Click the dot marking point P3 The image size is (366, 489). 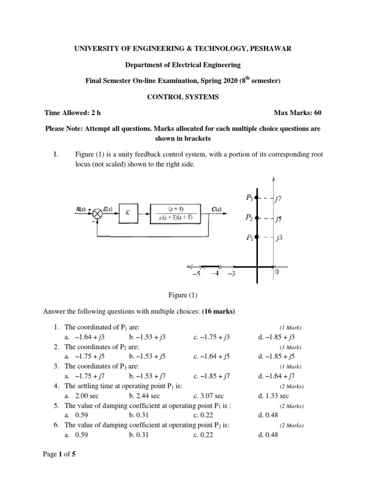(x=257, y=197)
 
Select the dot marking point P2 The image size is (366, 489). (x=257, y=218)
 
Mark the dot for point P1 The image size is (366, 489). (x=257, y=237)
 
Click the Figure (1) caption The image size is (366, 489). (x=183, y=296)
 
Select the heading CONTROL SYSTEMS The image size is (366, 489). (x=183, y=96)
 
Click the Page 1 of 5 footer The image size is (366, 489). (x=59, y=455)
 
